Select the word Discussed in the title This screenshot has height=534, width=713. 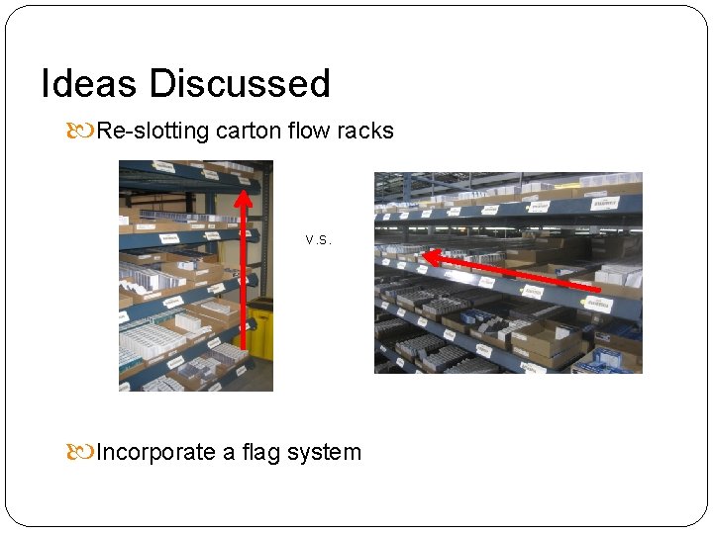pyautogui.click(x=240, y=84)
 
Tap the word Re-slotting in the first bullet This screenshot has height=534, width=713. pyautogui.click(x=153, y=131)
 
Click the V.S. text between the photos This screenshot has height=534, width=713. pyautogui.click(x=318, y=239)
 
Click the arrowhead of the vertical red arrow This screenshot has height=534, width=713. pyautogui.click(x=242, y=198)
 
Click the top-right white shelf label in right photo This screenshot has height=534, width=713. pyautogui.click(x=603, y=203)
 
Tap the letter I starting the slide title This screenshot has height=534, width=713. pyautogui.click(x=46, y=84)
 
